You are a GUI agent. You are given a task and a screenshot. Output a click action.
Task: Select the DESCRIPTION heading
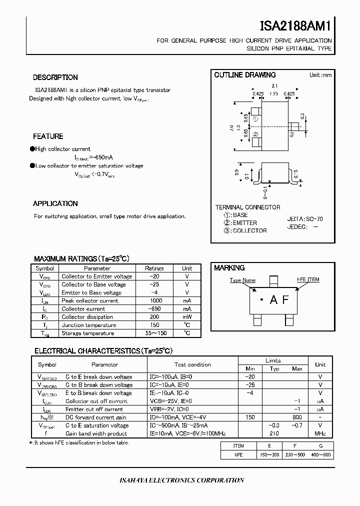[x=55, y=77]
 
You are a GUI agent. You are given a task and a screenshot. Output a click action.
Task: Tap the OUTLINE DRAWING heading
[x=245, y=75]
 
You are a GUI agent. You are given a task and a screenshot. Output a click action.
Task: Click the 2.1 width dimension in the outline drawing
[x=274, y=86]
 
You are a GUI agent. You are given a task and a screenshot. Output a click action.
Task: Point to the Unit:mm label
[x=320, y=75]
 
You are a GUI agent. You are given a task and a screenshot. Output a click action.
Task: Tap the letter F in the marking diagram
[x=285, y=299]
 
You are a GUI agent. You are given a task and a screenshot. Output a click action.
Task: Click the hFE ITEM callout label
[x=308, y=279]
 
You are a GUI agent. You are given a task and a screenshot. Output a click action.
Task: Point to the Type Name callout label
[x=242, y=280]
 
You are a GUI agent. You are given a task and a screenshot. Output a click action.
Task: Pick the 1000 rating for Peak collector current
[x=154, y=301]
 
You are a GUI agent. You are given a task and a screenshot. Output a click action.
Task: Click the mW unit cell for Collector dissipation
[x=187, y=317]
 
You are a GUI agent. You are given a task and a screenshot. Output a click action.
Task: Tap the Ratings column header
[x=154, y=268]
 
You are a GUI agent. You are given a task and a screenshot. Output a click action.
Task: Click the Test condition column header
[x=192, y=364]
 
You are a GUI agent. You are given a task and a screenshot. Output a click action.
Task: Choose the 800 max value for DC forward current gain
[x=297, y=417]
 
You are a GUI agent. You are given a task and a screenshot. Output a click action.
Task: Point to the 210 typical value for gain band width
[x=273, y=433]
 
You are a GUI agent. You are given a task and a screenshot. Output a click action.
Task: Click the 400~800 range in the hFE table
[x=320, y=454]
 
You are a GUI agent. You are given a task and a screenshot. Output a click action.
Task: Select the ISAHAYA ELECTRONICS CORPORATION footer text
[x=182, y=480]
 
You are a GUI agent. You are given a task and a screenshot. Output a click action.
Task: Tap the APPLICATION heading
[x=55, y=203]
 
